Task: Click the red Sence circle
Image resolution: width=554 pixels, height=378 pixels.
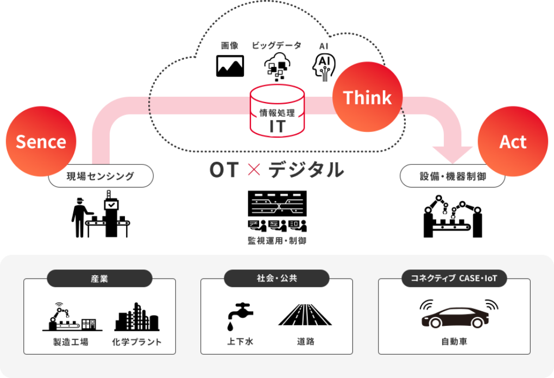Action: (x=41, y=142)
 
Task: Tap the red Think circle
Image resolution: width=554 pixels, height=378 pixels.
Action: (x=367, y=98)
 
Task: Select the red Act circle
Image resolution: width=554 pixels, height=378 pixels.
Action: (x=513, y=142)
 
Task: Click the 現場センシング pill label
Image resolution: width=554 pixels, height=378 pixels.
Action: (x=100, y=176)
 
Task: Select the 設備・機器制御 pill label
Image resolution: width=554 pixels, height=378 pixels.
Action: (x=452, y=176)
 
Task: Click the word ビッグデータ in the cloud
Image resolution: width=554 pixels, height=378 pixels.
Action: (x=276, y=46)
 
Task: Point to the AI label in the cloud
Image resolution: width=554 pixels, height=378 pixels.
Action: (x=324, y=46)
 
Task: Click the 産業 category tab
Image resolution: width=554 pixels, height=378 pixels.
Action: (x=99, y=279)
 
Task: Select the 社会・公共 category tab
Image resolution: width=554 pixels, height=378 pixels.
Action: (x=277, y=279)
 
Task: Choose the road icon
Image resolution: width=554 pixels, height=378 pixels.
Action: (x=305, y=315)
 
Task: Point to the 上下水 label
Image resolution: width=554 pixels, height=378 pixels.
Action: (x=240, y=342)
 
